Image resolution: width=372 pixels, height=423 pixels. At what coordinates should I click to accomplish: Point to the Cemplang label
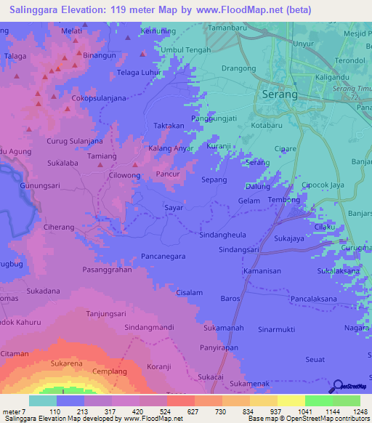[x=110, y=371]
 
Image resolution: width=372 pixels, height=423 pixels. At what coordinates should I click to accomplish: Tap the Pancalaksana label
[x=318, y=299]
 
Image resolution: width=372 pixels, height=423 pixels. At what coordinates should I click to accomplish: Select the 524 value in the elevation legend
[x=153, y=411]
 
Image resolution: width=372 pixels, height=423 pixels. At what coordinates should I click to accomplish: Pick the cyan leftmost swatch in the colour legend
[x=42, y=400]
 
